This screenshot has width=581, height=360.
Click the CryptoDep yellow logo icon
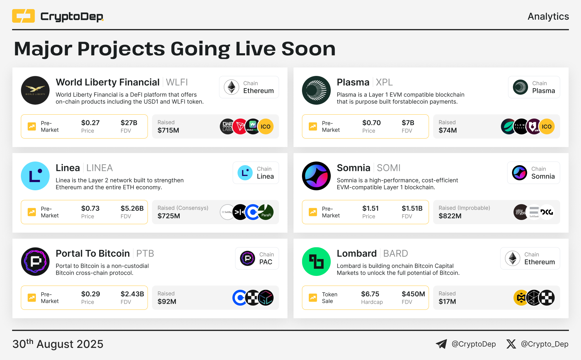[x=23, y=16]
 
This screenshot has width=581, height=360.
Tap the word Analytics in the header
[x=548, y=16]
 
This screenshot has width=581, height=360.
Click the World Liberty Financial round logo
[x=35, y=90]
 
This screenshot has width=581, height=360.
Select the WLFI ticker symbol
[x=177, y=82]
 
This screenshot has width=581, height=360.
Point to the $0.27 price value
[x=90, y=123]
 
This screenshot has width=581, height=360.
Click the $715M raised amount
[x=168, y=130]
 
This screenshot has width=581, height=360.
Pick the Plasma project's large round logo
[x=316, y=90]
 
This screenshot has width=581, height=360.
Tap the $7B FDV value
[x=408, y=123]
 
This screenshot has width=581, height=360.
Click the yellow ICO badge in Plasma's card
[x=547, y=126]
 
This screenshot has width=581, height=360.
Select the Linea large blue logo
[x=35, y=176]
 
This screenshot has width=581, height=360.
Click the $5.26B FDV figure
[x=132, y=208]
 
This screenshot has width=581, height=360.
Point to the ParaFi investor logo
[x=266, y=212]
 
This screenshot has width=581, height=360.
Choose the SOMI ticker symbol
[x=389, y=168]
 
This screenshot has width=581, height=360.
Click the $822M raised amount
[x=450, y=216]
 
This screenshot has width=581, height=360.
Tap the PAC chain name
[x=266, y=262]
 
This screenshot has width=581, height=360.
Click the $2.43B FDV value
[x=132, y=294]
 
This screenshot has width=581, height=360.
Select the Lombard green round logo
[x=316, y=261]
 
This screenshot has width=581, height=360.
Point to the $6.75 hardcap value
[x=370, y=294]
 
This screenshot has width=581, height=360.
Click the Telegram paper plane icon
[x=441, y=344]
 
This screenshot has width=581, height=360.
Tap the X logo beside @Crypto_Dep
[x=511, y=344]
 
